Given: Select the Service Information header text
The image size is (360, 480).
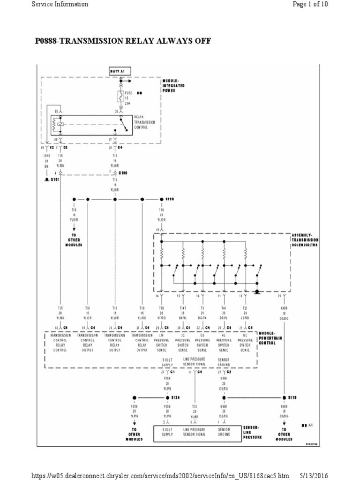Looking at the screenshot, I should tap(60, 4).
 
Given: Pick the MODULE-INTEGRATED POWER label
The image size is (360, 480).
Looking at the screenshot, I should tap(174, 86).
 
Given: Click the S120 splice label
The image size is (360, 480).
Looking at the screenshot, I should tap(169, 199).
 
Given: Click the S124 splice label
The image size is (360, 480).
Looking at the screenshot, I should tap(175, 397).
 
